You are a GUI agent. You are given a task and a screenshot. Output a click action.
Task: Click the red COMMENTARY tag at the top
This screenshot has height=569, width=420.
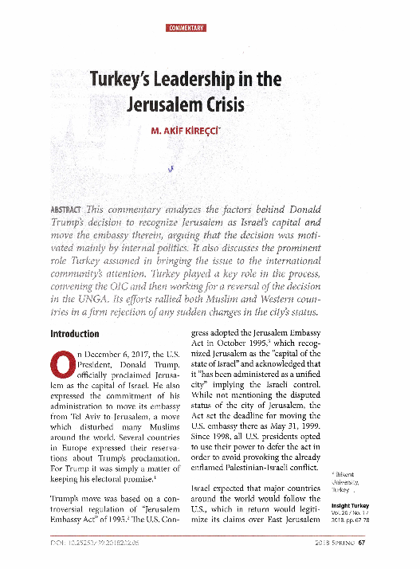(186, 28)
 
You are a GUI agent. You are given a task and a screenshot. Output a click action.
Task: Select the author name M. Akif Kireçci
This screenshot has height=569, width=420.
(186, 130)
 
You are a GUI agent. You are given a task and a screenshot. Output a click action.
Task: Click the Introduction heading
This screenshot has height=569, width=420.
(75, 333)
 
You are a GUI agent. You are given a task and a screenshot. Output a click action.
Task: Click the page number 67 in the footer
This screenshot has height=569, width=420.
(361, 545)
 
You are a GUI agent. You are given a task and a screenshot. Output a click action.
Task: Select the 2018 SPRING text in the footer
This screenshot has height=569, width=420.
(333, 545)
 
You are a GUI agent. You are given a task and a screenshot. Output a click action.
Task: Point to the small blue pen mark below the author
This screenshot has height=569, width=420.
(171, 167)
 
